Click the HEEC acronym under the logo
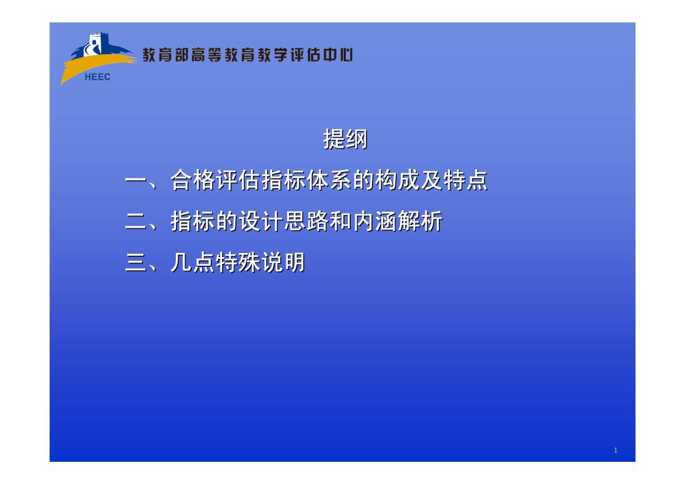[98, 77]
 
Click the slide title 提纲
[345, 139]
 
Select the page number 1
[615, 451]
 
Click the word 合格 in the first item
[193, 180]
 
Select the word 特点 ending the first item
[466, 180]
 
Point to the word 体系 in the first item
[329, 180]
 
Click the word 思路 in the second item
[306, 221]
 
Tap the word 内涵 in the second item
[375, 221]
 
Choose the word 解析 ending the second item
[420, 221]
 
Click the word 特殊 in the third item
[238, 262]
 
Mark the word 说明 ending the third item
[284, 262]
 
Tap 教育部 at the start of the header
[165, 55]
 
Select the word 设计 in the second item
[261, 221]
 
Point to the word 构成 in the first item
[397, 180]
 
